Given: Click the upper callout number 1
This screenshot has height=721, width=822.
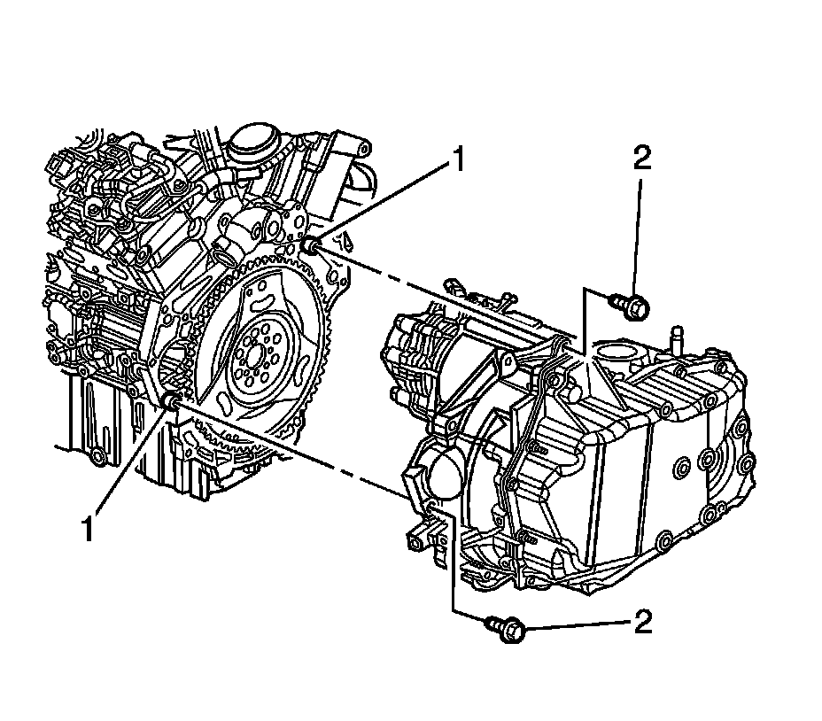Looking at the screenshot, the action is click(458, 160).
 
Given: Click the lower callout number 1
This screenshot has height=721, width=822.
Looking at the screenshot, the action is click(88, 530).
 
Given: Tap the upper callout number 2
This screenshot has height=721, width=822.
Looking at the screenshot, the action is click(642, 159).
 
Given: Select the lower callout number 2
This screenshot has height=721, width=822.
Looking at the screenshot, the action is click(643, 622).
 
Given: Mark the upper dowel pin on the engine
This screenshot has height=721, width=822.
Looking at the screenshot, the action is click(311, 245).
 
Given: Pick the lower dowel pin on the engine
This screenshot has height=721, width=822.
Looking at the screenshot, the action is click(169, 404).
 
